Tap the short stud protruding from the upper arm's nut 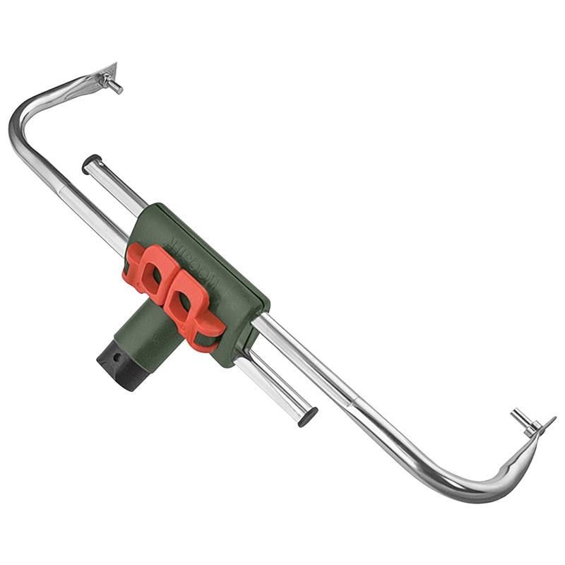tap(116, 88)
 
